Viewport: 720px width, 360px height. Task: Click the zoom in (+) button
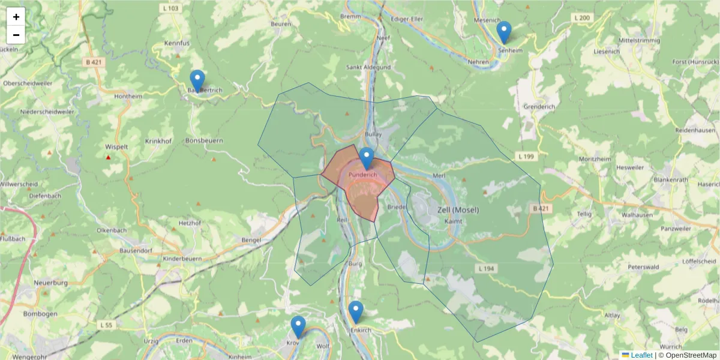(x=16, y=17)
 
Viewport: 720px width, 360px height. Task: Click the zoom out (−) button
(x=16, y=35)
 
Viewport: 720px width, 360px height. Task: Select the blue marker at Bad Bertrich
(x=197, y=81)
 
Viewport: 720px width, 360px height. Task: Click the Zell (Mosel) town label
(x=458, y=209)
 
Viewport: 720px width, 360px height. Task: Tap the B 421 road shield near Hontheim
(x=94, y=62)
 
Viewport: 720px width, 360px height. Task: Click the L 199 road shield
(x=524, y=157)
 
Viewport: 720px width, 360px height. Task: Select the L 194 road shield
(x=485, y=268)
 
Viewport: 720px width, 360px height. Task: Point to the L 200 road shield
(x=581, y=18)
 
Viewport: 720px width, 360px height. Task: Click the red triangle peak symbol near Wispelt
(x=109, y=158)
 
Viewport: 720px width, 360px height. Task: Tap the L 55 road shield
(x=106, y=325)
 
